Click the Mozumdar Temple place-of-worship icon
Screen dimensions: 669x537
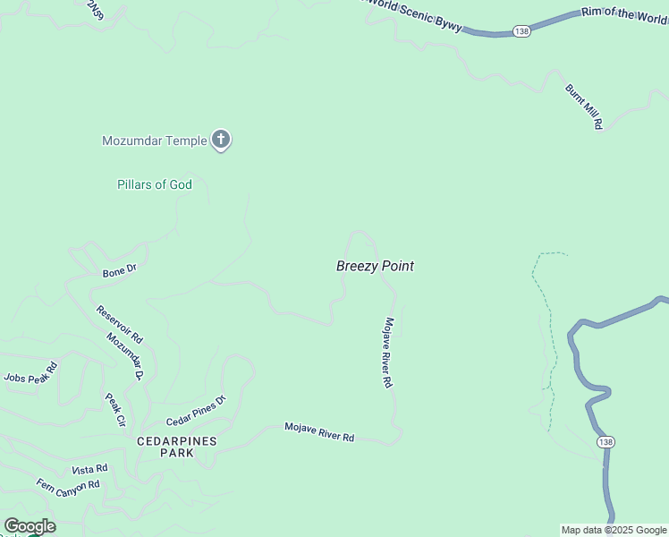(x=221, y=141)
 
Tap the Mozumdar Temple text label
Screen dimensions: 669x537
(x=155, y=141)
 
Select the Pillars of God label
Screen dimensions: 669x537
(x=155, y=184)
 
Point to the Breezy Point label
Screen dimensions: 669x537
(x=375, y=266)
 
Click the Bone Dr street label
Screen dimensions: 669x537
(x=119, y=269)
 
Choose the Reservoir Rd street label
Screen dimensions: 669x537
(x=120, y=325)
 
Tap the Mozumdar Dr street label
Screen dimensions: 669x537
(x=125, y=356)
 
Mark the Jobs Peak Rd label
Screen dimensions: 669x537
(x=31, y=372)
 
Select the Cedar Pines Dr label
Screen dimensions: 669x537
(x=196, y=410)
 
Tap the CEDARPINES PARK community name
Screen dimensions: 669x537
(x=165, y=447)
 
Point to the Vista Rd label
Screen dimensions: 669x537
(x=89, y=469)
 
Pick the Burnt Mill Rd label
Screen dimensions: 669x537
(x=583, y=107)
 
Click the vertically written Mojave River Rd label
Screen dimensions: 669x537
(x=389, y=353)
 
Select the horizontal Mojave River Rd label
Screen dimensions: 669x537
(x=319, y=431)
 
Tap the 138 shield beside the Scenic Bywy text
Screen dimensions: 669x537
(x=522, y=30)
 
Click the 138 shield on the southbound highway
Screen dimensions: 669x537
(x=606, y=442)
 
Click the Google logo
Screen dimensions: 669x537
(x=30, y=526)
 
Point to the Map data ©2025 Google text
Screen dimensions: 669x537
(x=614, y=530)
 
